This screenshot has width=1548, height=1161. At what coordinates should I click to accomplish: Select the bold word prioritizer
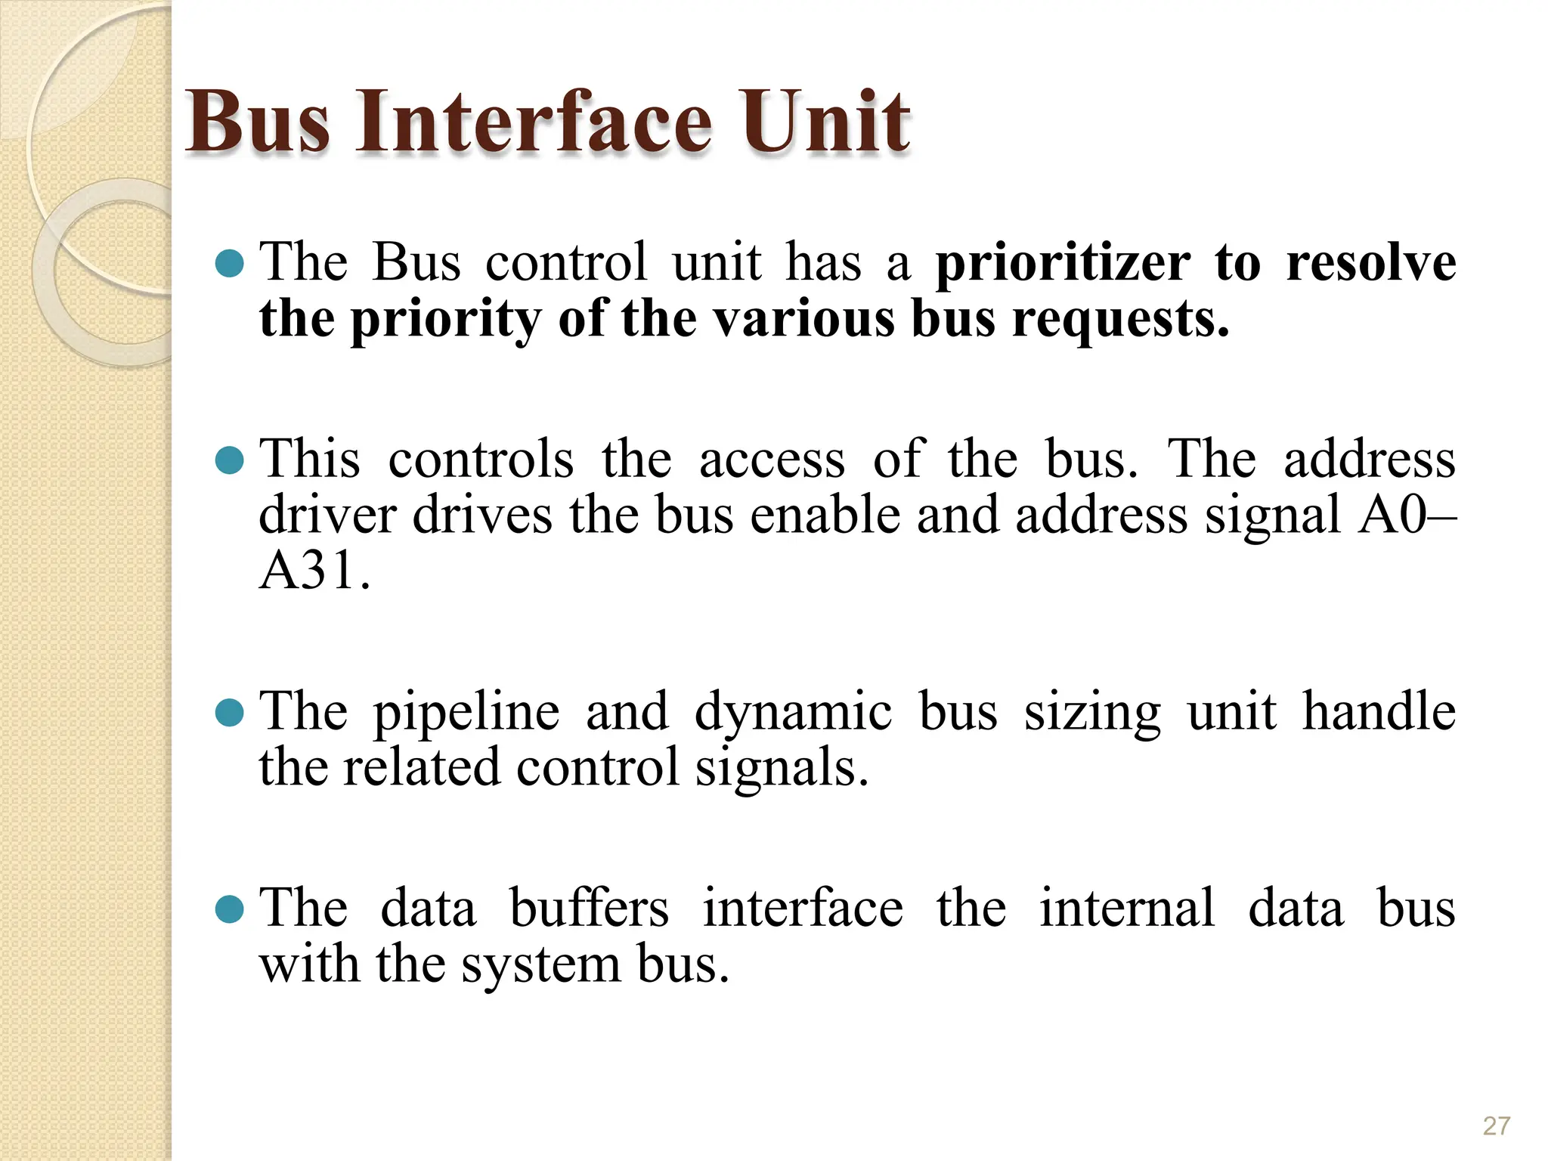[1063, 263]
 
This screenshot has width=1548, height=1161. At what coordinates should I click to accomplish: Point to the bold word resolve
[1370, 263]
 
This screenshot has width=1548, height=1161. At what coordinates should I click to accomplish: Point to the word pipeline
[466, 713]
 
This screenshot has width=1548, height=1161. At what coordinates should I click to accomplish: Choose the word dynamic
[793, 713]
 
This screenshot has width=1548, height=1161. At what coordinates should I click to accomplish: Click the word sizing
[1091, 713]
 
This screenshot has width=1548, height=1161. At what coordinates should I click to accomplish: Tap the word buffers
[589, 908]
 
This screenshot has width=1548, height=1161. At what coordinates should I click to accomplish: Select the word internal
[1126, 908]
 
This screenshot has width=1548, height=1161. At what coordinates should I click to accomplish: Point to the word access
[771, 460]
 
